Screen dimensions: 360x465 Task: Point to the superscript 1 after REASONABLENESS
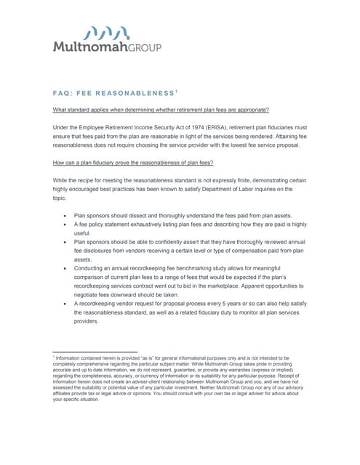pyautogui.click(x=175, y=92)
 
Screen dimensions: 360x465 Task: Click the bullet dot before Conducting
pyautogui.click(x=65, y=268)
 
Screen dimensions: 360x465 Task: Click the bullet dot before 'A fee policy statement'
pyautogui.click(x=65, y=226)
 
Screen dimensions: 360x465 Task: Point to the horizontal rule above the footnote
pyautogui.click(x=95, y=352)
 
